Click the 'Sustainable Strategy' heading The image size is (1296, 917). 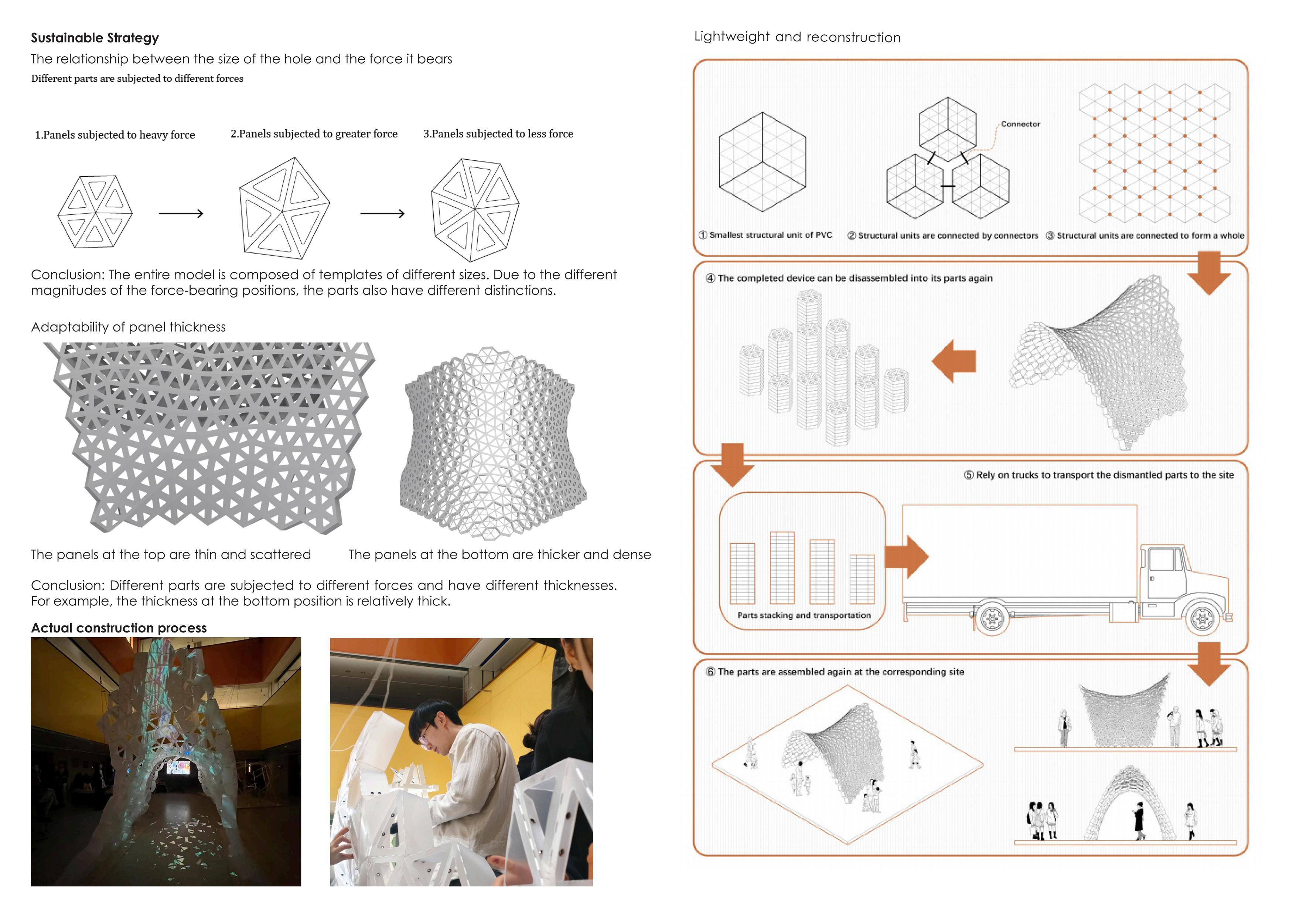pos(95,38)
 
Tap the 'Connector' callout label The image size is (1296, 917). pos(1020,124)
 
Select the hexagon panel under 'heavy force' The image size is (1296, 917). pos(95,212)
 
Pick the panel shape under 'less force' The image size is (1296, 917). pos(475,210)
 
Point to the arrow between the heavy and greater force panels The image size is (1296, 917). pos(181,213)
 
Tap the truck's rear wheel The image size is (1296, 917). pos(991,618)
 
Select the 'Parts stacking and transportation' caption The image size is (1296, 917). pos(804,615)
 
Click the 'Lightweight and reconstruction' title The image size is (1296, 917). pos(797,37)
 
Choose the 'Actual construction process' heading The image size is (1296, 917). pos(119,628)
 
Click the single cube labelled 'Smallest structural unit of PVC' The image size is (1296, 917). pos(762,162)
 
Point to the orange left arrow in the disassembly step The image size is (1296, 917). pos(954,361)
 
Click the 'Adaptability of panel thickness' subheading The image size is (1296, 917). pos(128,327)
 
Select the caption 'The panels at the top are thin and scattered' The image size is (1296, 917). pos(170,554)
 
